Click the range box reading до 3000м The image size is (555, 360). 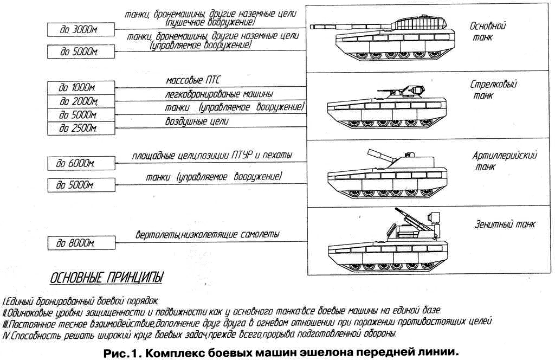[x=81, y=30]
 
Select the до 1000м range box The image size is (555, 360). [x=81, y=88]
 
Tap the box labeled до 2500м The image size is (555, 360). [x=81, y=128]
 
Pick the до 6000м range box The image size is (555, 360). [x=81, y=164]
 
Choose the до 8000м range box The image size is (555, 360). [x=81, y=243]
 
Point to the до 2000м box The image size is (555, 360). [x=81, y=101]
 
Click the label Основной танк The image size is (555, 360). [x=487, y=31]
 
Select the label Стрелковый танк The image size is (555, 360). [x=493, y=89]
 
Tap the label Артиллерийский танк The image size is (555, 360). [x=505, y=160]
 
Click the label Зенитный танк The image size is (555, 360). [x=505, y=224]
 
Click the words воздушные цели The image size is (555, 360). [x=197, y=121]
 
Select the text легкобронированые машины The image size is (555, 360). [x=219, y=94]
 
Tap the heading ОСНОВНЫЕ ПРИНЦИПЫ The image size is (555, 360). [x=107, y=278]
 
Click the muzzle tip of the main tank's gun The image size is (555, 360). [x=312, y=27]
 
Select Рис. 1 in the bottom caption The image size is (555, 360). [x=122, y=352]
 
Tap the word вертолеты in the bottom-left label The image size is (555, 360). [x=157, y=235]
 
